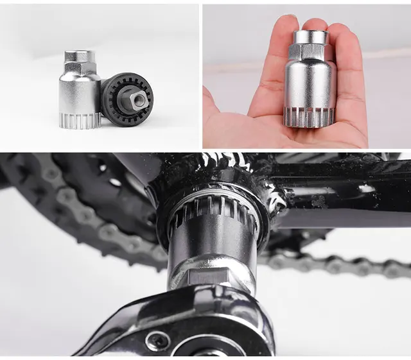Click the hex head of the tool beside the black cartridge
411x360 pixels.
pos(80,62)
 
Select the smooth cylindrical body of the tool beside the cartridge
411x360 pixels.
pos(77,93)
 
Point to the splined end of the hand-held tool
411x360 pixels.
pos(310,116)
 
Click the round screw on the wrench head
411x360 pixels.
pos(158,340)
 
